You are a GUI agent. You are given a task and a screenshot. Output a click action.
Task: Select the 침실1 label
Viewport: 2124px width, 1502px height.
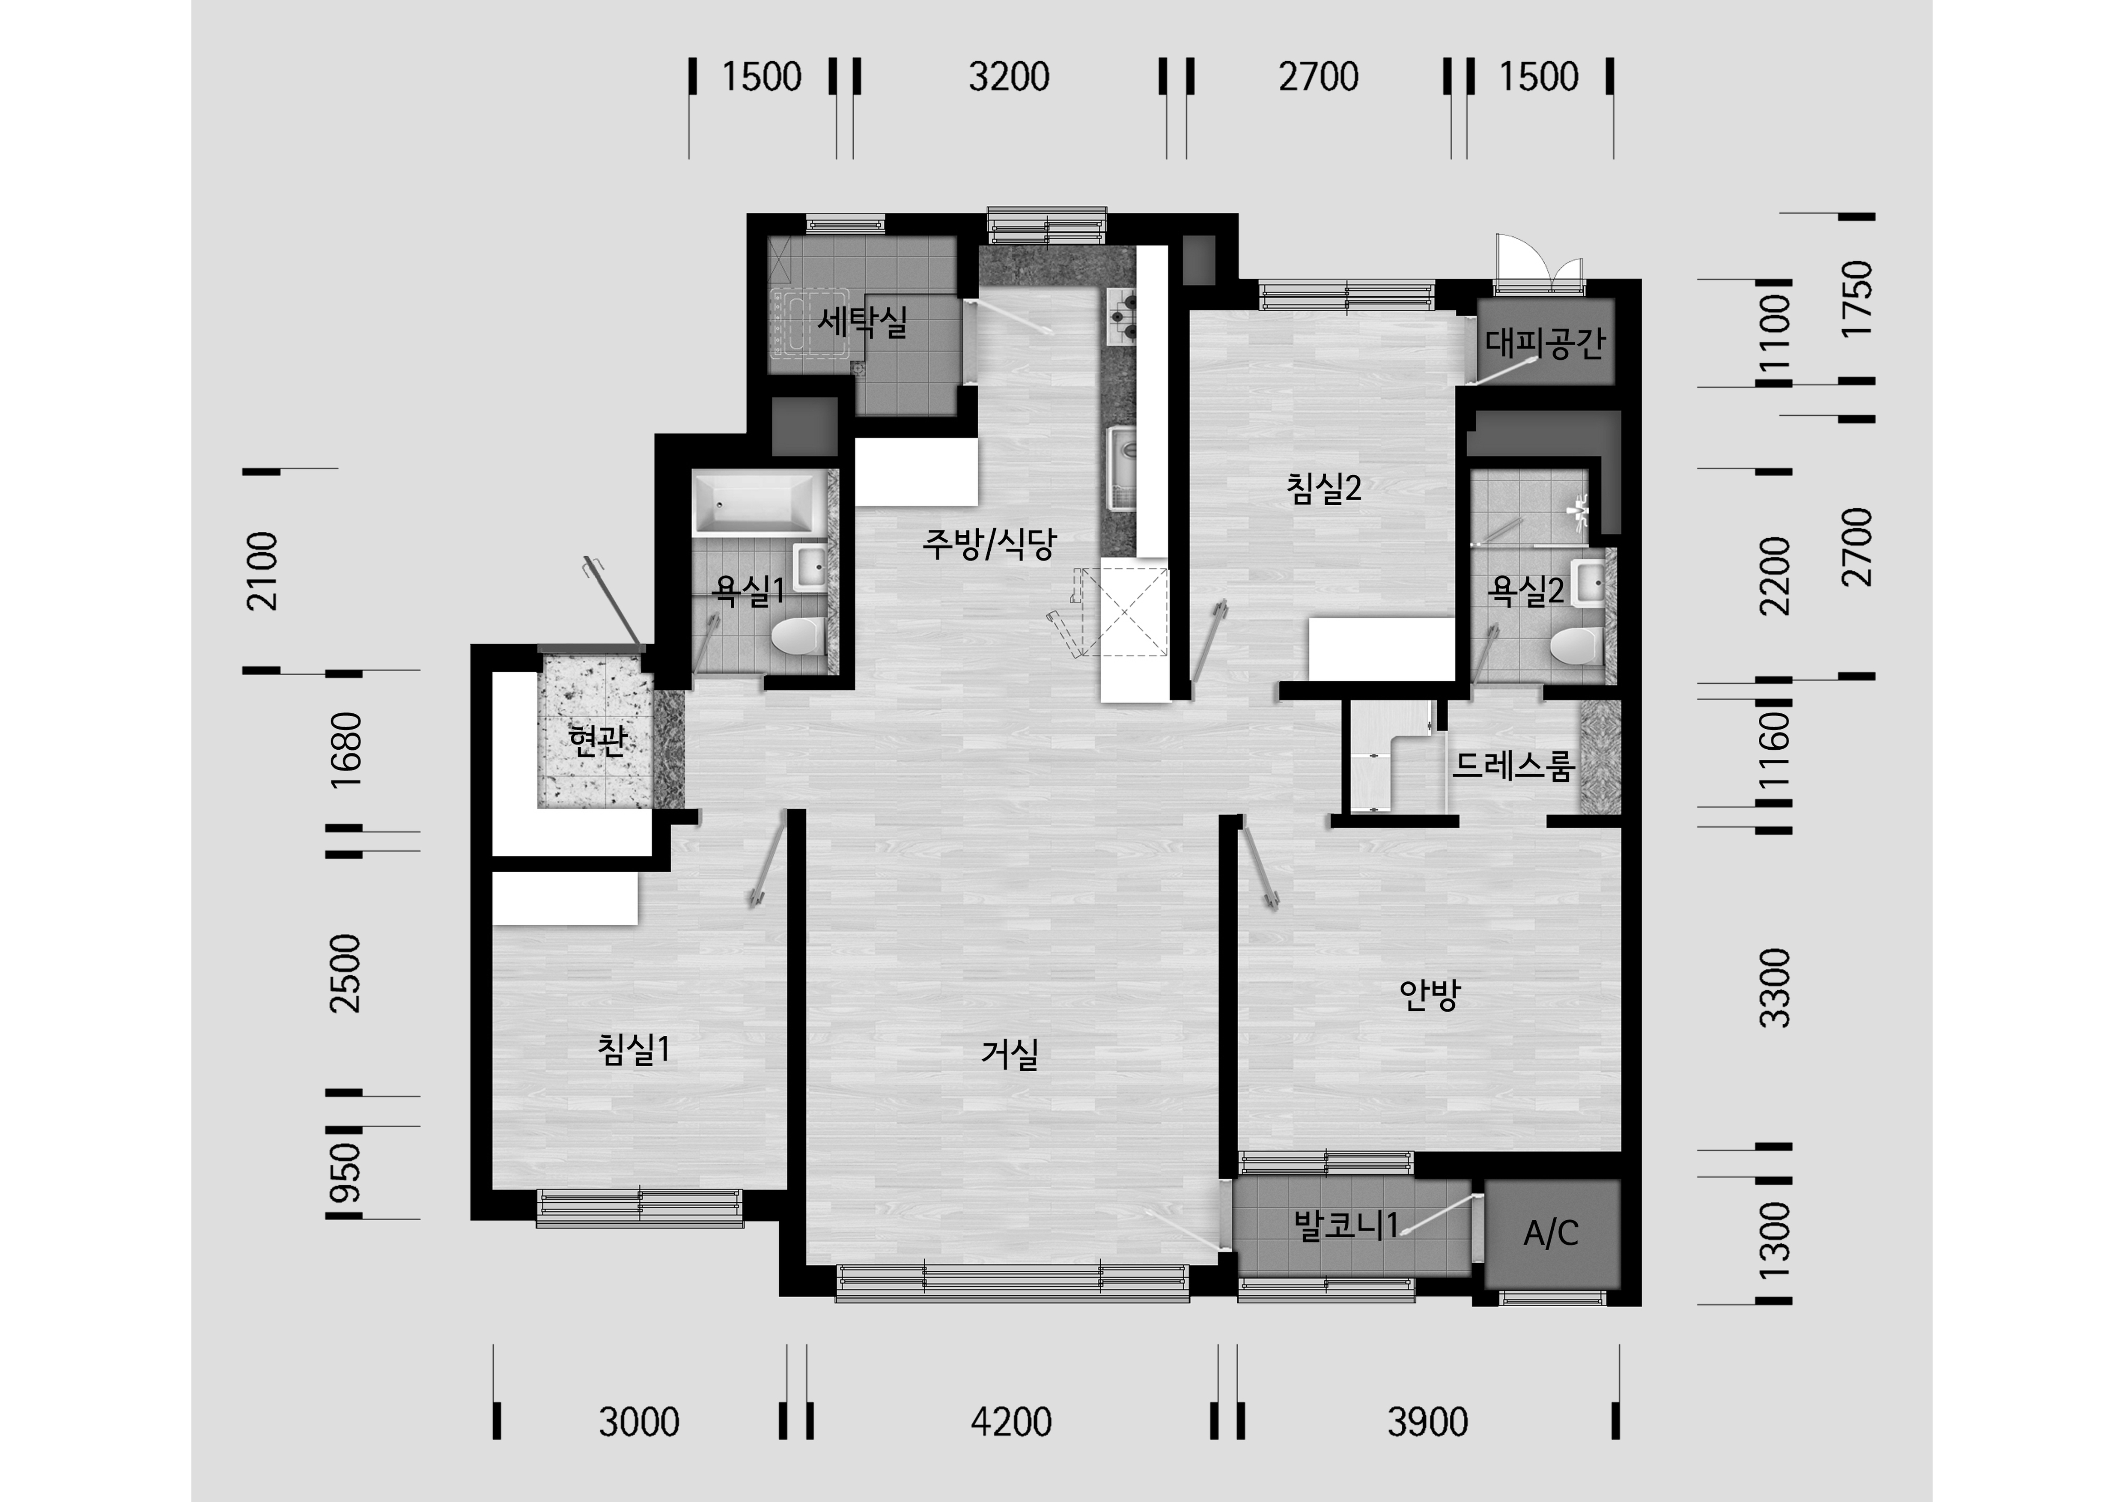(634, 1050)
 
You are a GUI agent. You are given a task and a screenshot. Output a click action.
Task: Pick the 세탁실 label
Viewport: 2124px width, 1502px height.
(862, 322)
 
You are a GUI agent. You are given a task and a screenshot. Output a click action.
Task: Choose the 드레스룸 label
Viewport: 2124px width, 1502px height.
(1513, 766)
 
